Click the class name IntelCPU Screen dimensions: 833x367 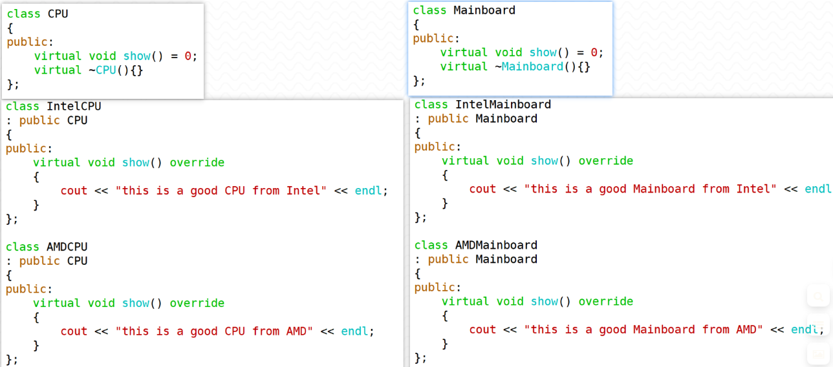[74, 107]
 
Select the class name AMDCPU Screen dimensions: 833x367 [67, 247]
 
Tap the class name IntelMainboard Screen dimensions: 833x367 [503, 105]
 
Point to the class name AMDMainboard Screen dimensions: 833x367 [497, 245]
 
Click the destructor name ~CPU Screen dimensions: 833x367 [103, 70]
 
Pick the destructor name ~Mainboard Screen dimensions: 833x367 [529, 67]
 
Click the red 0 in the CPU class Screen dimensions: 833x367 [188, 56]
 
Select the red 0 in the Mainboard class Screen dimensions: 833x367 [594, 53]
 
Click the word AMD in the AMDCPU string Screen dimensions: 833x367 [297, 331]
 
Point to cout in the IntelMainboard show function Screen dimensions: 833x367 [482, 189]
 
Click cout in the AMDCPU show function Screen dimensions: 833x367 [74, 331]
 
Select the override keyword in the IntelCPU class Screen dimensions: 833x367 [197, 163]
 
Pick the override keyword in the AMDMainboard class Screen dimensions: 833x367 [606, 302]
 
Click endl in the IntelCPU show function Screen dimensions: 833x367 [368, 191]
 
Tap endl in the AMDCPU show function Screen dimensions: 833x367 [354, 331]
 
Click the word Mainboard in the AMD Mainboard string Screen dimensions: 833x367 [664, 330]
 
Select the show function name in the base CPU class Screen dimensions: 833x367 [137, 56]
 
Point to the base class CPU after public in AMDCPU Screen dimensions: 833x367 [78, 261]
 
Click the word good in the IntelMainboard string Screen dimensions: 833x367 [612, 189]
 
